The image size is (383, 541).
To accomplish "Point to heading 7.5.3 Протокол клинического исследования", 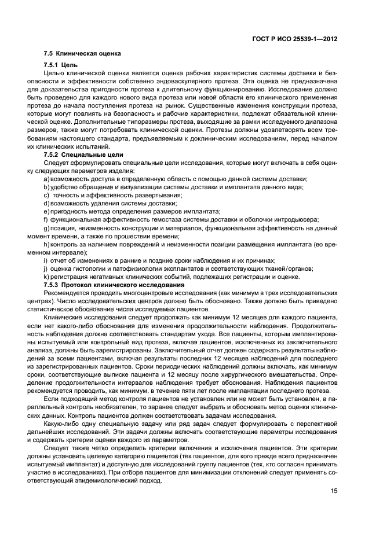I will [114, 285].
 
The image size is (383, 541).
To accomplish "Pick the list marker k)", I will [46, 277].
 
